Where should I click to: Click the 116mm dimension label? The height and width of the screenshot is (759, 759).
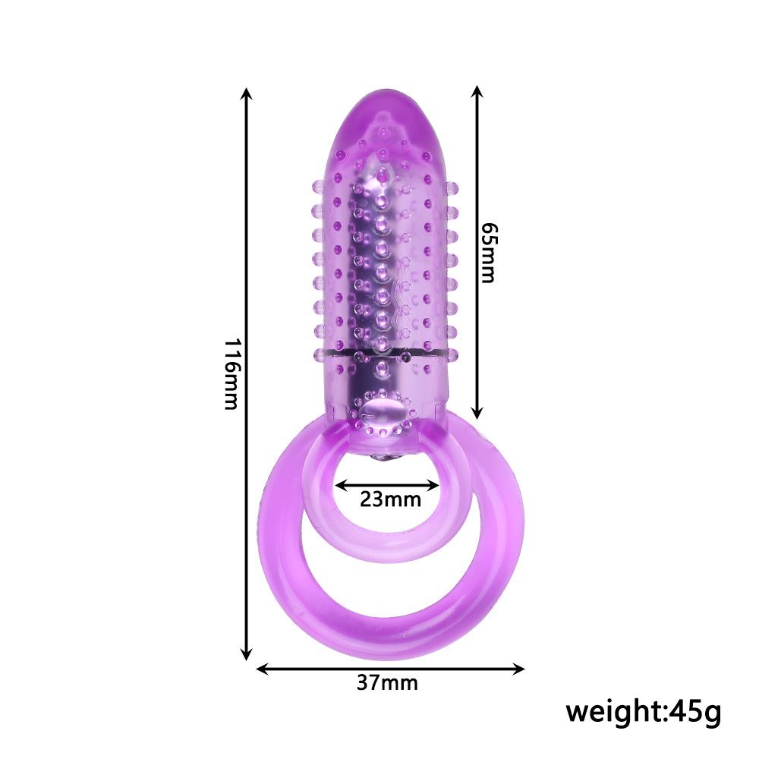(x=231, y=373)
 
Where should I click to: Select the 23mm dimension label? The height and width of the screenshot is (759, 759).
(x=390, y=499)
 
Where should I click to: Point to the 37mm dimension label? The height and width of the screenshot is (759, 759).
(x=387, y=682)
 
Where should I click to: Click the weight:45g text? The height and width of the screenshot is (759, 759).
(x=644, y=712)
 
